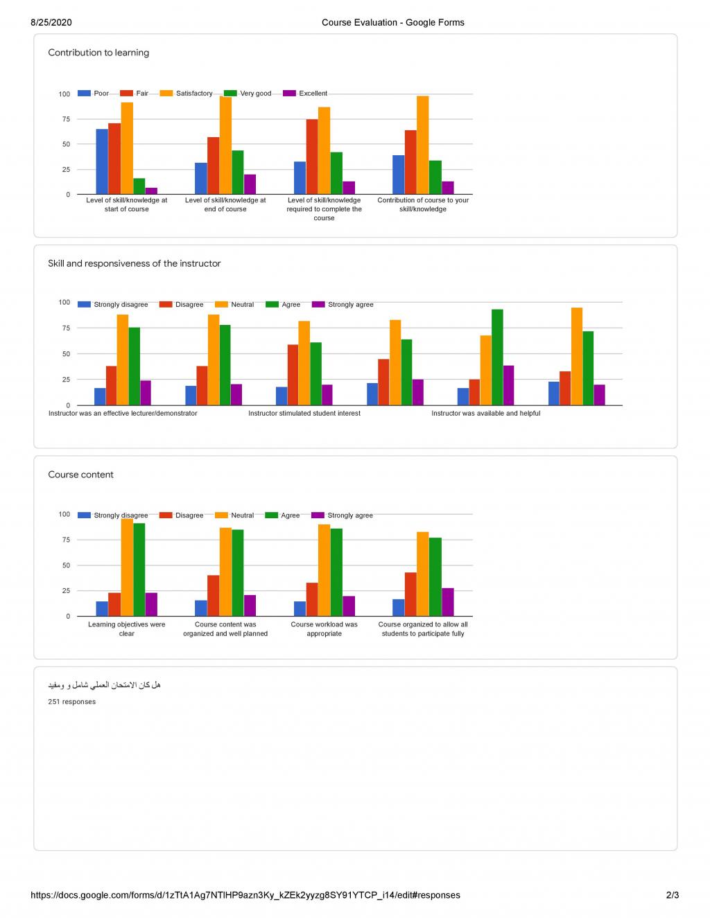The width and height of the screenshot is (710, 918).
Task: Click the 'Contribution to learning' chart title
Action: coord(98,53)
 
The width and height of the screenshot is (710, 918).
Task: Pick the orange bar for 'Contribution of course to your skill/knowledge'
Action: coord(422,145)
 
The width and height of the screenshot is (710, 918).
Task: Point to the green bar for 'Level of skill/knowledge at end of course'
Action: coord(238,173)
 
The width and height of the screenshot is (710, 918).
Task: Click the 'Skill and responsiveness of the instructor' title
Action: coord(135,264)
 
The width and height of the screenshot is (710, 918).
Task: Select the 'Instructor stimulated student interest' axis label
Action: coord(304,414)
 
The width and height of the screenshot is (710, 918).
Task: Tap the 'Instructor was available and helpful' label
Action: coord(485,414)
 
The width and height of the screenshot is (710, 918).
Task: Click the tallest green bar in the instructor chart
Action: coord(497,358)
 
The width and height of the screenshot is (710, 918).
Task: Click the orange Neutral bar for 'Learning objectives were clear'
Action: coord(127,567)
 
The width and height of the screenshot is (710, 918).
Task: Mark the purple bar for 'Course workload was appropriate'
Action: coord(349,606)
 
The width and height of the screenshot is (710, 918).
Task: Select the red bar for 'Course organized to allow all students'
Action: coord(410,594)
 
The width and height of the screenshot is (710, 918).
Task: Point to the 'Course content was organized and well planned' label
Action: coord(225,629)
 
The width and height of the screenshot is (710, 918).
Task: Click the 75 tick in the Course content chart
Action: coord(65,540)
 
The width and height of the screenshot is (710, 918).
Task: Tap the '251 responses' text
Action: coord(72,702)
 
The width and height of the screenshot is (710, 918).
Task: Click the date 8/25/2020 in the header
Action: coord(51,23)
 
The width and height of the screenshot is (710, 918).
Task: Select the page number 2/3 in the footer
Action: coord(672,895)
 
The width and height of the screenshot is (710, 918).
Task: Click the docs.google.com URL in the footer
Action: coord(245,895)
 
